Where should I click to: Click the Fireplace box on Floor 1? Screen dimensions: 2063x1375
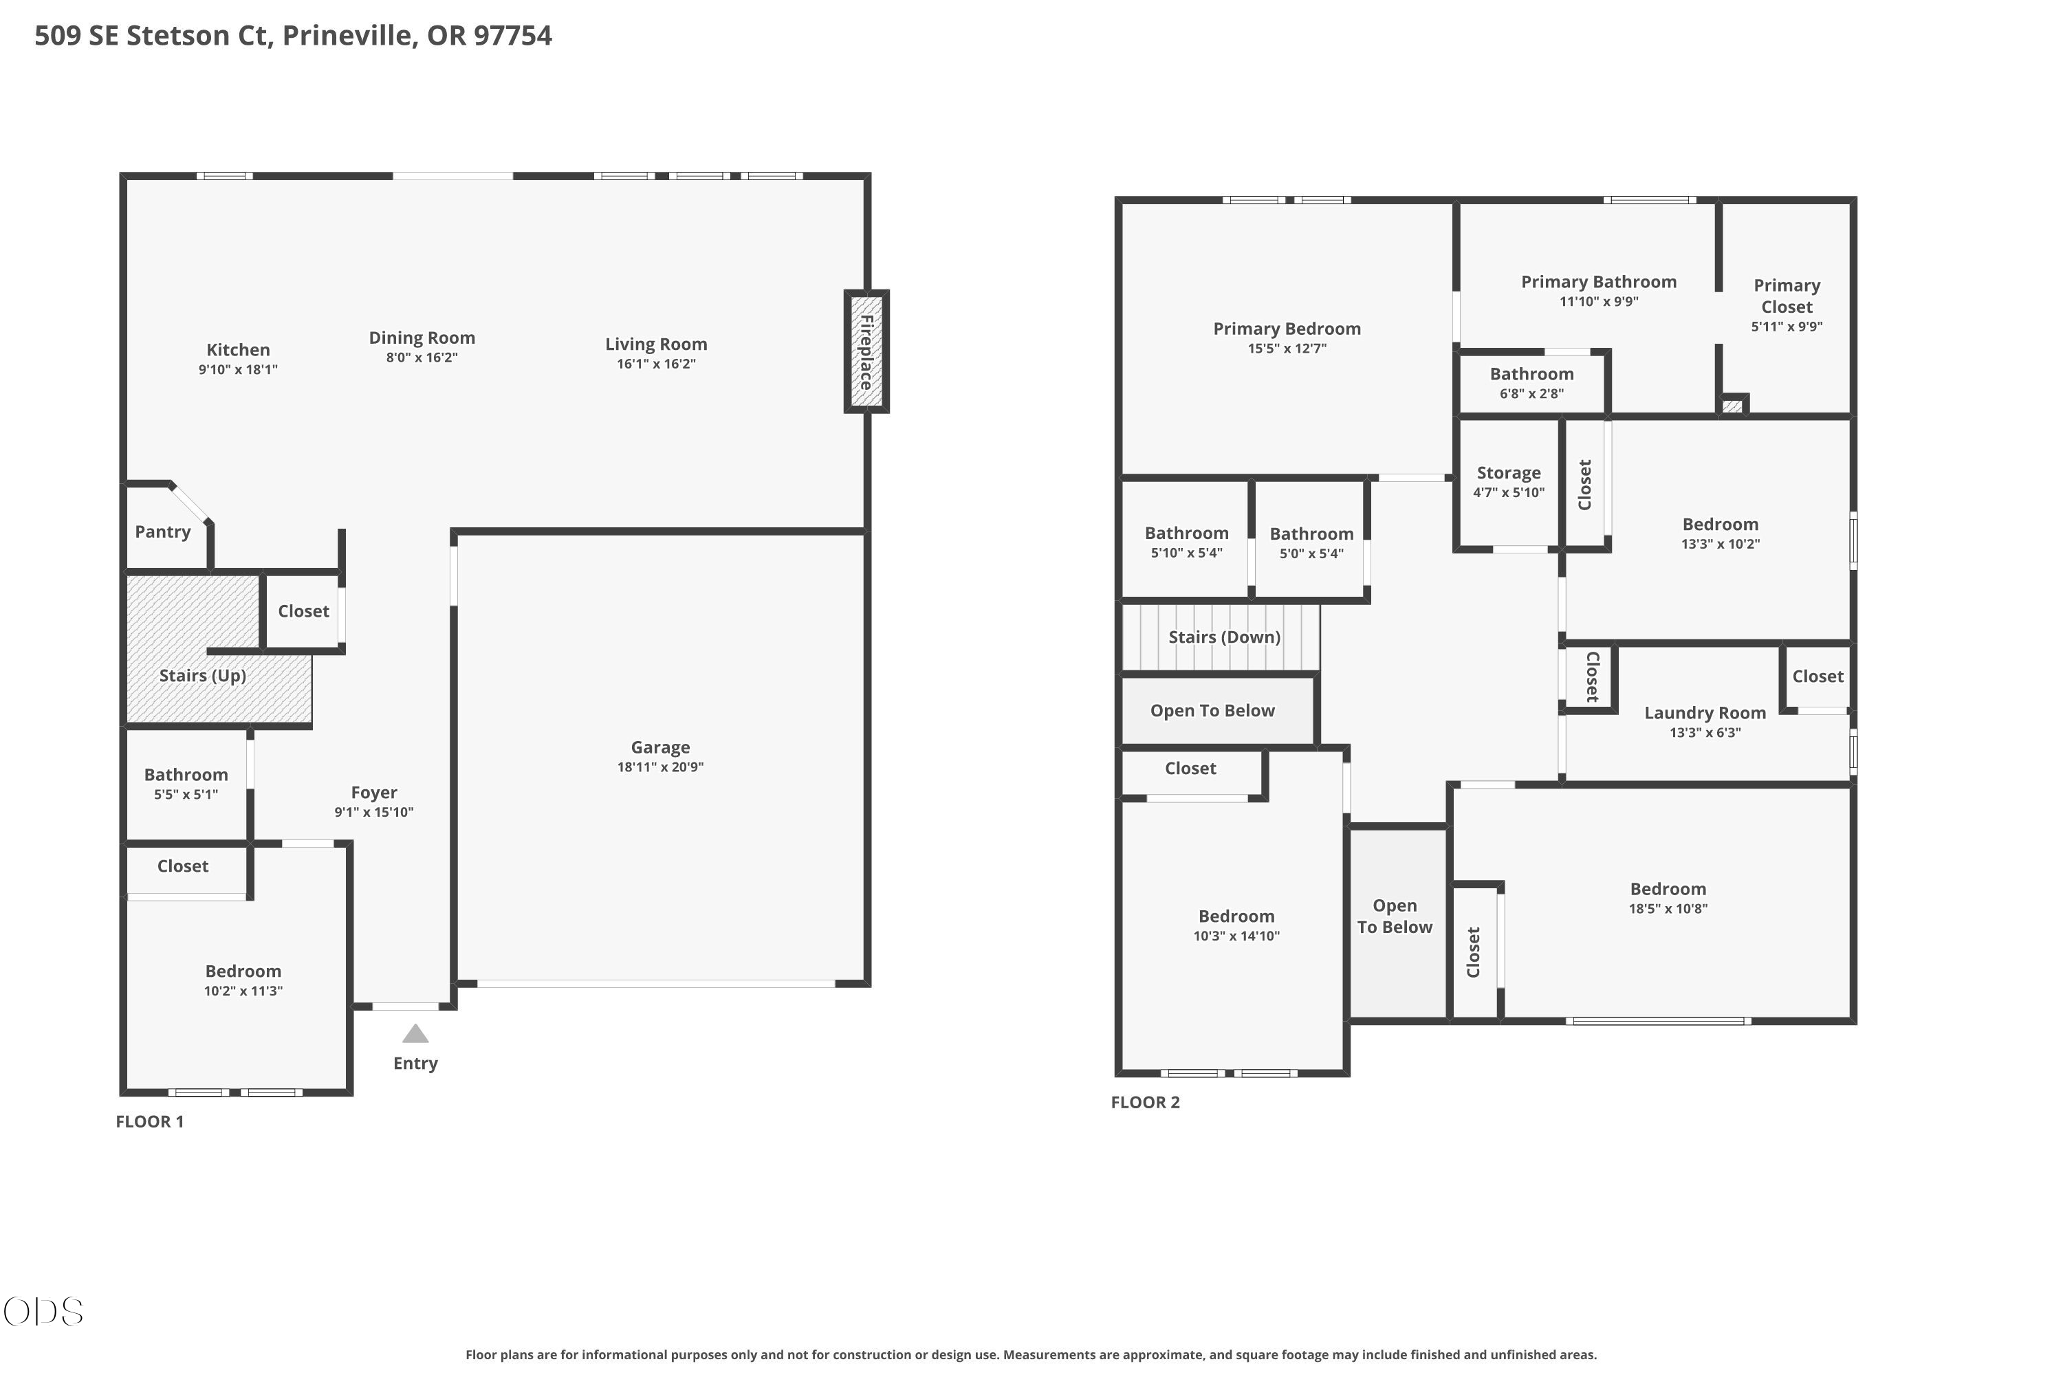866,351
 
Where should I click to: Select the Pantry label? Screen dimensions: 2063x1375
162,531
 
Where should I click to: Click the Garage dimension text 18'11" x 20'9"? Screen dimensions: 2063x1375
660,767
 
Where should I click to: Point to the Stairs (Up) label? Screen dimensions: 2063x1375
203,675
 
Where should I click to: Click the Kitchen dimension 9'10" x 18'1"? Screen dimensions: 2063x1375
238,369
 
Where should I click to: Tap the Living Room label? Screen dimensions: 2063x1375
656,344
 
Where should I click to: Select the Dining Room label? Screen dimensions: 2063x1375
422,338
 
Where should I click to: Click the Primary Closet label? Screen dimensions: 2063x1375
1787,296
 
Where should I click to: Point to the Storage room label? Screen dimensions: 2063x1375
1509,473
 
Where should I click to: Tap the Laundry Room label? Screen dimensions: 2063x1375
1705,713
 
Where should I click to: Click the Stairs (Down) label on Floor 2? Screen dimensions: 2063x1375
1225,637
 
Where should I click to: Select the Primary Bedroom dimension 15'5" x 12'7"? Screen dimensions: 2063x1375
1287,348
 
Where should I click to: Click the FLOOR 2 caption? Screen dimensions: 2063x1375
1146,1102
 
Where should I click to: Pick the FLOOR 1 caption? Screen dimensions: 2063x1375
150,1121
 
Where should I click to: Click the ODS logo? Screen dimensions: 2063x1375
43,1312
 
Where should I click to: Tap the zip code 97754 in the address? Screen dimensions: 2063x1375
513,35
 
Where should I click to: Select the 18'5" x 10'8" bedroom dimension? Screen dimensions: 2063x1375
1668,908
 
